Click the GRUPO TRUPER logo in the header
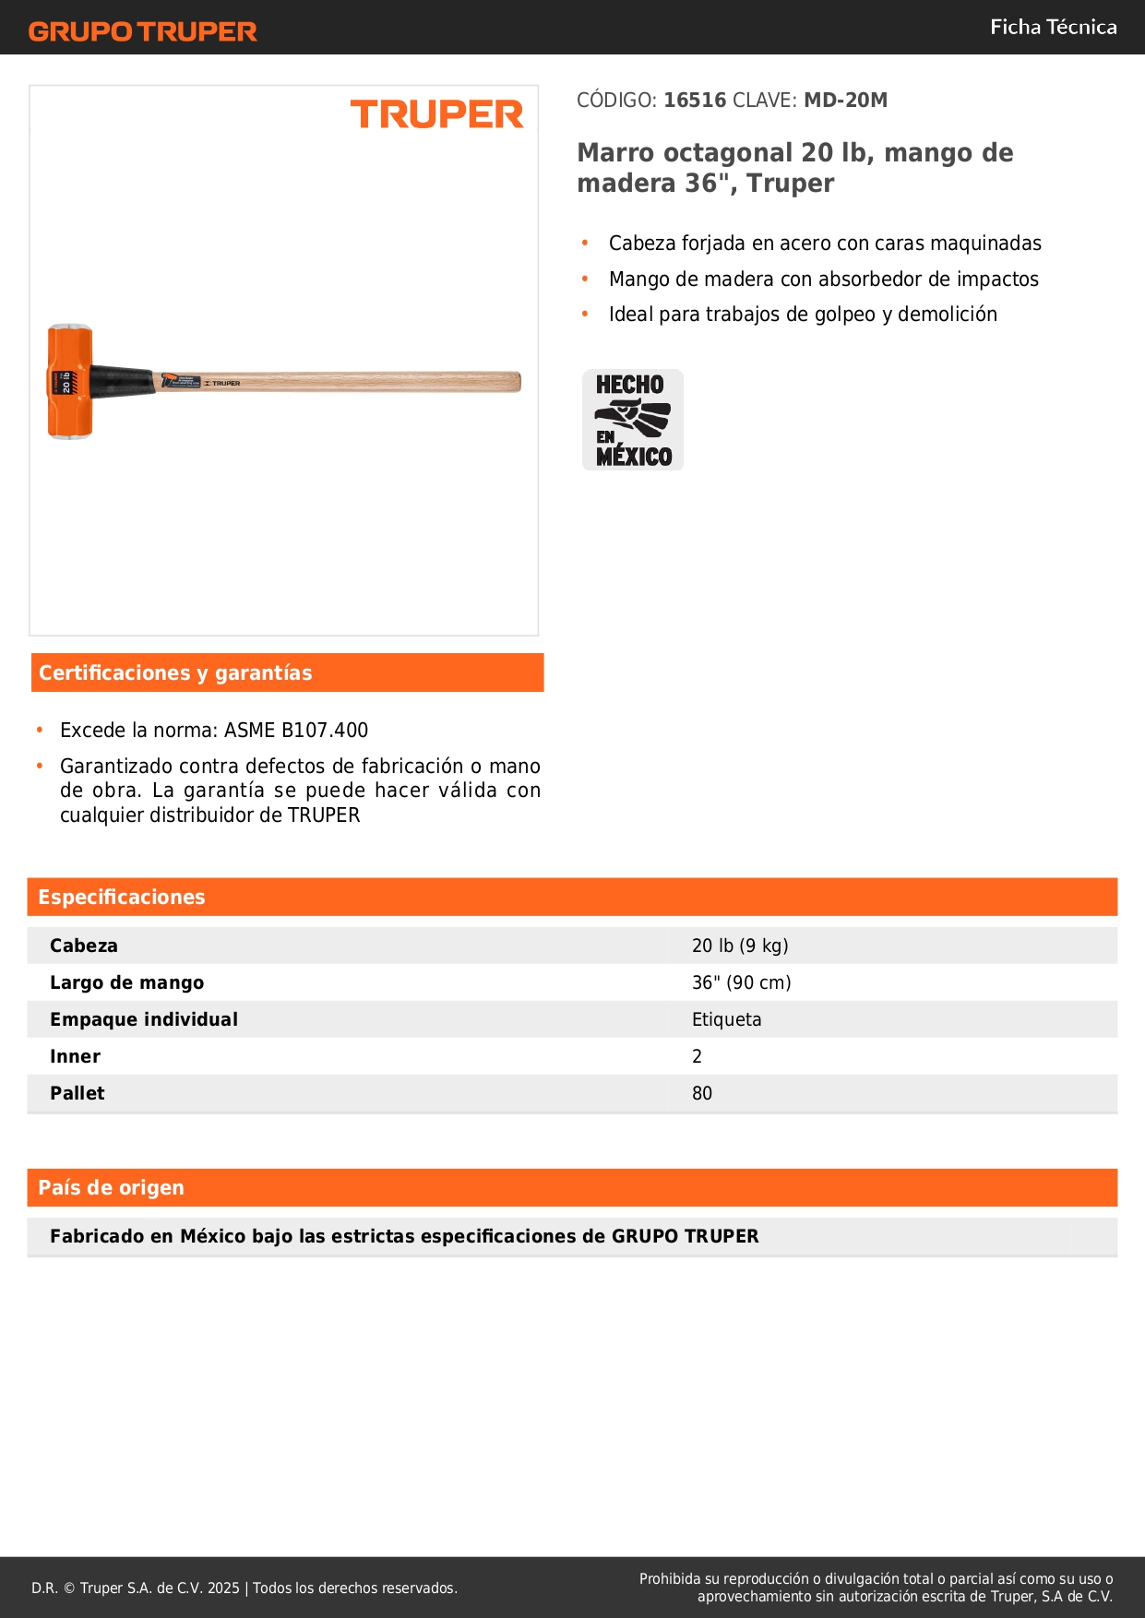point(143,31)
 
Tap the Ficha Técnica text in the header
point(1053,28)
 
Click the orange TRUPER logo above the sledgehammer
point(436,114)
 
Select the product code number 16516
point(695,101)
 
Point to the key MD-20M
point(845,101)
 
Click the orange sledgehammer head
point(70,381)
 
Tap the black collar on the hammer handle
point(123,382)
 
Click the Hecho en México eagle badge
point(633,420)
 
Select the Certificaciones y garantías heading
point(175,673)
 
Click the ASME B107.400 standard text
point(296,731)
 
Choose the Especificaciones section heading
point(122,898)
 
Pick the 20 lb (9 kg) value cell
point(740,946)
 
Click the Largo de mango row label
point(127,982)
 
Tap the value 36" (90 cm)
point(742,982)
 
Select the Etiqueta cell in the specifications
point(727,1019)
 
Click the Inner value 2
point(698,1056)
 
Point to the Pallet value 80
point(702,1093)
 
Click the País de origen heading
point(112,1188)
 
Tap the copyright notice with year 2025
point(245,1588)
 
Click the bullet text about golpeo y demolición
point(803,315)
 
